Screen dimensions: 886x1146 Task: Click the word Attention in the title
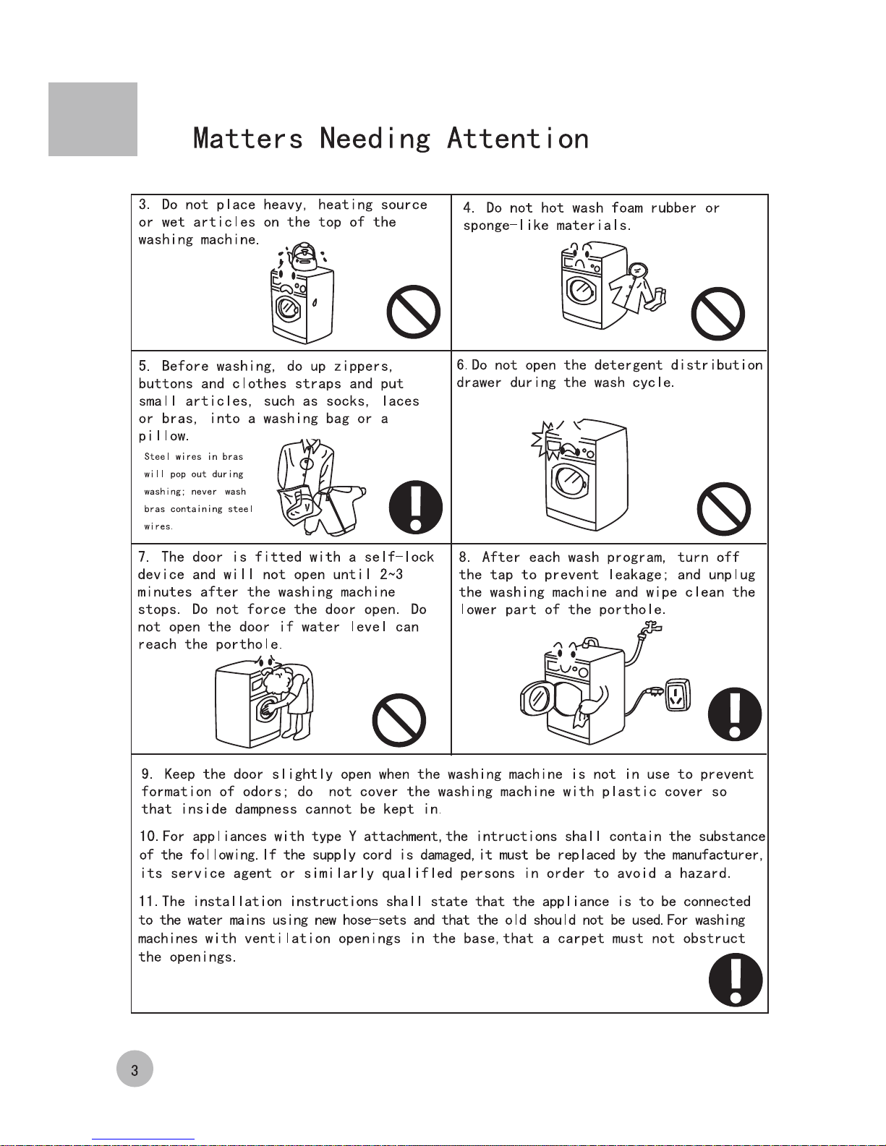coord(518,139)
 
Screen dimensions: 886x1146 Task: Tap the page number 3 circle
coord(135,1068)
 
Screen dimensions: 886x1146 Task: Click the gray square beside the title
coord(93,119)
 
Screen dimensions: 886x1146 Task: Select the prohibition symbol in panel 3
coord(414,312)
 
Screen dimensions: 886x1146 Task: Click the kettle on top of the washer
coord(302,257)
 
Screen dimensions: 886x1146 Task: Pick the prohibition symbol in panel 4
coord(717,314)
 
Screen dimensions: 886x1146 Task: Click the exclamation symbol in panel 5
coord(416,507)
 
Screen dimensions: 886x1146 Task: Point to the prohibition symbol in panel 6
coord(723,508)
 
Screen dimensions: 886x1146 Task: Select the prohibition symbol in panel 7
coord(399,720)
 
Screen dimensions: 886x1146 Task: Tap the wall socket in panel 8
coord(678,695)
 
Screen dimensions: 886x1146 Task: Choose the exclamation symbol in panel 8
coord(735,714)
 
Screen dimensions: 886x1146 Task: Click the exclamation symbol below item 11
coord(736,980)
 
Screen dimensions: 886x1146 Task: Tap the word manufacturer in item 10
coord(717,855)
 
